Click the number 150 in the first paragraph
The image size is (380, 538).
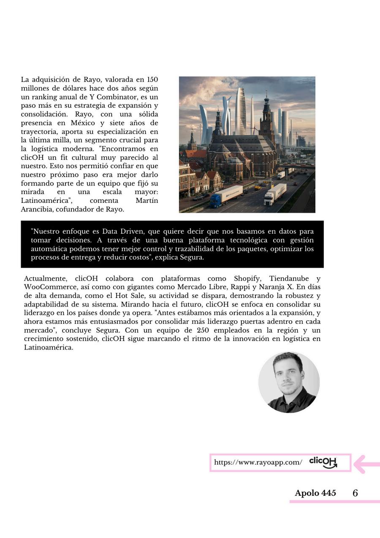[x=152, y=79]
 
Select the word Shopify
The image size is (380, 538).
[x=247, y=279]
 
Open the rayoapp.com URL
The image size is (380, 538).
[x=258, y=462]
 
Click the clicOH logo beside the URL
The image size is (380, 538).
[x=323, y=462]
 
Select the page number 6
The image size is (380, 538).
[x=355, y=493]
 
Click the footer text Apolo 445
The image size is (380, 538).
[x=315, y=493]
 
